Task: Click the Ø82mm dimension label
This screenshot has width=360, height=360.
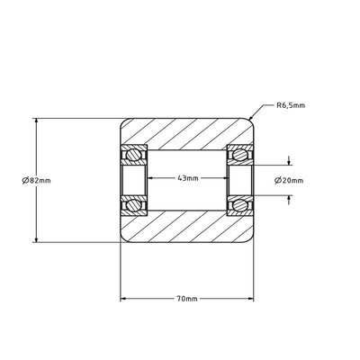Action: [x=36, y=180]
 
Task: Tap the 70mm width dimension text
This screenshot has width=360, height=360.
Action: [x=187, y=299]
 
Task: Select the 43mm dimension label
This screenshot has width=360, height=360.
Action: [x=188, y=178]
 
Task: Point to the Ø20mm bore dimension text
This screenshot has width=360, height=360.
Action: [x=289, y=180]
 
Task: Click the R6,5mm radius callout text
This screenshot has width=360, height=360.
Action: [x=291, y=105]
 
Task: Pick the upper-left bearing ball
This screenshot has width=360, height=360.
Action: [x=133, y=155]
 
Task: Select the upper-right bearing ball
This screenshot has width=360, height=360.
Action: [x=239, y=155]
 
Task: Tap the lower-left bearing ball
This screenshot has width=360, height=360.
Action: [x=133, y=205]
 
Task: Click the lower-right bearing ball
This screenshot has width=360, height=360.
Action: [x=239, y=205]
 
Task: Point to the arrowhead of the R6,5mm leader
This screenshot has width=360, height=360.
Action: [x=251, y=118]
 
